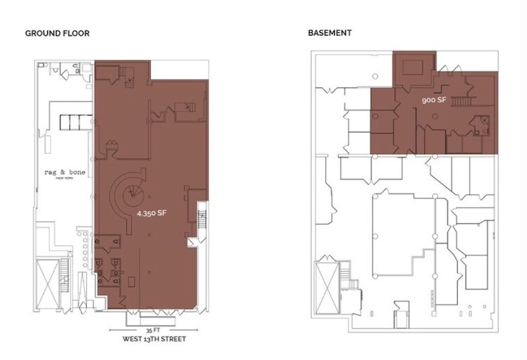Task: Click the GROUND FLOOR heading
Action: (x=57, y=34)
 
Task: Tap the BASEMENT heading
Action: (x=330, y=33)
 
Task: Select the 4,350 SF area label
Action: (x=152, y=213)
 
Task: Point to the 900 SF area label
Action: (x=434, y=100)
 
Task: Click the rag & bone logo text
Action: (x=65, y=172)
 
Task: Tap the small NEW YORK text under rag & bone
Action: (x=65, y=178)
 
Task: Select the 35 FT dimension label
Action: (x=153, y=330)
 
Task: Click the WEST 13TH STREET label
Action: (x=154, y=339)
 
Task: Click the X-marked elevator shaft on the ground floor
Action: (x=47, y=284)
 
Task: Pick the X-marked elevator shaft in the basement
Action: (x=327, y=288)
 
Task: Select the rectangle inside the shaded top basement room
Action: (x=413, y=67)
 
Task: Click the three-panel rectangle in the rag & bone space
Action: (x=76, y=122)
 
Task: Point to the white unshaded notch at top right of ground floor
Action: (x=179, y=70)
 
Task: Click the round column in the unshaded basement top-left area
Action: (x=375, y=76)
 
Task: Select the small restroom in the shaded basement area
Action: (x=480, y=125)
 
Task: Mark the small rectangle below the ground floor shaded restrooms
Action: (x=131, y=282)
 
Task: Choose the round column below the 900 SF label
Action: (x=435, y=116)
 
